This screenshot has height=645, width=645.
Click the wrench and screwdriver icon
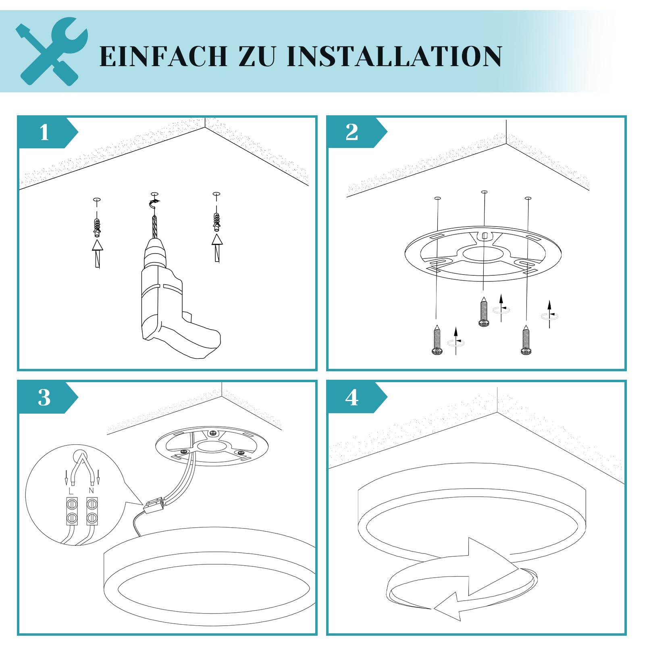(52, 52)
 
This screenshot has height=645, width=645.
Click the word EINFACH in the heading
(163, 56)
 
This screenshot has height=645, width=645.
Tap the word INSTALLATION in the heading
(394, 56)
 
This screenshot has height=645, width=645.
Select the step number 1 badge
(48, 132)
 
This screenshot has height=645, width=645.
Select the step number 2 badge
(357, 132)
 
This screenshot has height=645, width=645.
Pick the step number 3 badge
(48, 397)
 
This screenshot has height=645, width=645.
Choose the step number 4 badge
(357, 397)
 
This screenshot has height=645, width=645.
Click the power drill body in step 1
(173, 298)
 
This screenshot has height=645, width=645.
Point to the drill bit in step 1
(154, 227)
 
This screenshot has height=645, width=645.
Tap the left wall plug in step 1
(97, 227)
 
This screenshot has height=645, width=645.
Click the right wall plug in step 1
(217, 222)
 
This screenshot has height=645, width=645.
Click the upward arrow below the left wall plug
(97, 254)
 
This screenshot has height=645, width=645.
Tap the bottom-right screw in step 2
(526, 340)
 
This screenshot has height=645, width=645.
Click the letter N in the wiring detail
(92, 491)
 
